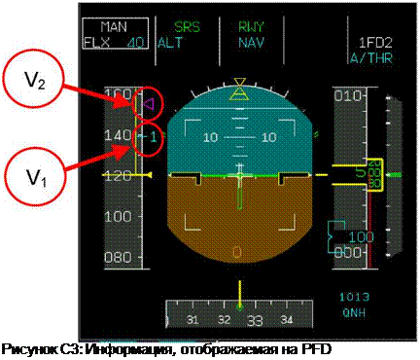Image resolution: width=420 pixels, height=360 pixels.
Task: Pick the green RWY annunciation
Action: [x=252, y=28]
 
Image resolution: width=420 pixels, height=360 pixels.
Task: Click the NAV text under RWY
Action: [x=252, y=42]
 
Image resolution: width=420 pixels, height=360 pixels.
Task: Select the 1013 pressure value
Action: [x=354, y=295]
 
